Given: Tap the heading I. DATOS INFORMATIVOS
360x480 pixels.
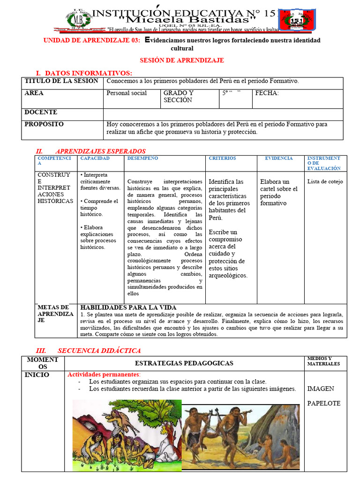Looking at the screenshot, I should pyautogui.click(x=84, y=73).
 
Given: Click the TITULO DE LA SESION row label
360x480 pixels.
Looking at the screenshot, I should pyautogui.click(x=61, y=81).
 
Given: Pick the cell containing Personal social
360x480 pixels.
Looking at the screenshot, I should pyautogui.click(x=127, y=93).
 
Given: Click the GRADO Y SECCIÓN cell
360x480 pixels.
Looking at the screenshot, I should pyautogui.click(x=178, y=97).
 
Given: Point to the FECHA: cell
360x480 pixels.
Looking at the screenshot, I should pyautogui.click(x=267, y=93).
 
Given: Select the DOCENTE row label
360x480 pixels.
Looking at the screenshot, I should pyautogui.click(x=41, y=112).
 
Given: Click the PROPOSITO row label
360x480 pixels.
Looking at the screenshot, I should pyautogui.click(x=44, y=124).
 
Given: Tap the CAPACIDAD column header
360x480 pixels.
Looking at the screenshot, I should pyautogui.click(x=95, y=158).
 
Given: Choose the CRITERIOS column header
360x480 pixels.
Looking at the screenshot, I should pyautogui.click(x=223, y=158).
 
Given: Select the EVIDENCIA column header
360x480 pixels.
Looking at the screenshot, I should pyautogui.click(x=279, y=158).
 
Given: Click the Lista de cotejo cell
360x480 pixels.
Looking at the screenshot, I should pyautogui.click(x=325, y=182).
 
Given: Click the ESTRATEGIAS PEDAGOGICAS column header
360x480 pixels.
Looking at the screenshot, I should pyautogui.click(x=184, y=363).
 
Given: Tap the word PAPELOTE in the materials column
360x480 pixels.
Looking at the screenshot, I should pyautogui.click(x=324, y=404).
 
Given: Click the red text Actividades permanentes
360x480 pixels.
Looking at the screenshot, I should pyautogui.click(x=104, y=375).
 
